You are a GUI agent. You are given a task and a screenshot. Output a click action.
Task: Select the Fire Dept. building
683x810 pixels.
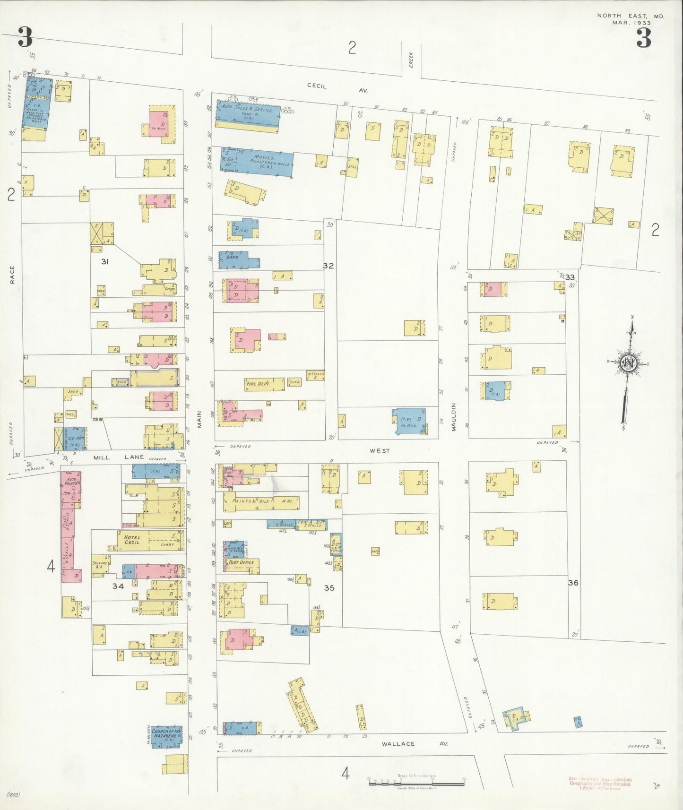pos(264,384)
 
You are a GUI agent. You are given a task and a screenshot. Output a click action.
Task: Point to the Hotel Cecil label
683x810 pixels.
pos(132,540)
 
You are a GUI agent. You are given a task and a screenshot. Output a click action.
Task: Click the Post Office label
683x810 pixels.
pos(241,563)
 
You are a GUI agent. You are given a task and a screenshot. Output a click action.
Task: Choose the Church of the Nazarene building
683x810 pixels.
pos(166,736)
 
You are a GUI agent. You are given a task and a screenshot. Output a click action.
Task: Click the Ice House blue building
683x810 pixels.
pos(75,439)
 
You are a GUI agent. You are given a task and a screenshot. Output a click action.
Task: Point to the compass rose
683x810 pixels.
pos(629,363)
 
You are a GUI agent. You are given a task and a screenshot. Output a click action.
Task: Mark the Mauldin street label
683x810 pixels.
pos(453,416)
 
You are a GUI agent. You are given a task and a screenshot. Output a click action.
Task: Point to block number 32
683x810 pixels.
pos(328,266)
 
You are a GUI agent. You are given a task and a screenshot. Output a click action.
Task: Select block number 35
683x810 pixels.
pos(329,588)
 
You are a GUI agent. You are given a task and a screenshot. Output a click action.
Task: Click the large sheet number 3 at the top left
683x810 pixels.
pos(25,37)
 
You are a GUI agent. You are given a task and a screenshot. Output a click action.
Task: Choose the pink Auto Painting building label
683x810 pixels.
pos(71,482)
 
